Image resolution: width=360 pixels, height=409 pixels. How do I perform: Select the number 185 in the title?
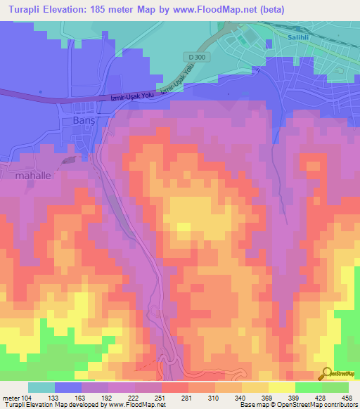coord(112,9)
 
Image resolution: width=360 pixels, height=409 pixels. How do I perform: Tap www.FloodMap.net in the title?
coord(242,9)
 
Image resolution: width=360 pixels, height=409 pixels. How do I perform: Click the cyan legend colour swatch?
coord(41,387)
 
